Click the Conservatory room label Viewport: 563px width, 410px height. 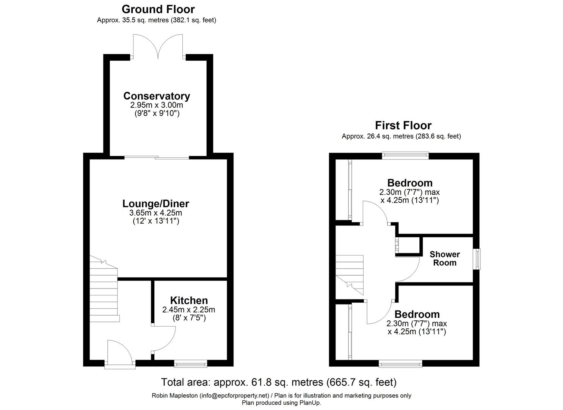pyautogui.click(x=156, y=96)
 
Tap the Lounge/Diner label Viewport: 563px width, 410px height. pyautogui.click(x=155, y=203)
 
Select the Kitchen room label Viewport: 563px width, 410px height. pyautogui.click(x=189, y=300)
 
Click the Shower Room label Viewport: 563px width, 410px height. pyautogui.click(x=445, y=259)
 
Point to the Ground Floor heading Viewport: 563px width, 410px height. pyautogui.click(x=158, y=9)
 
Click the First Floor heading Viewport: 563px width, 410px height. pyautogui.click(x=403, y=125)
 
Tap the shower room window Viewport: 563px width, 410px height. pyautogui.click(x=477, y=259)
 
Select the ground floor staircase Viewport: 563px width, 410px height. pyautogui.click(x=103, y=289)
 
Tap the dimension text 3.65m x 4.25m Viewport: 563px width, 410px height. pyautogui.click(x=155, y=213)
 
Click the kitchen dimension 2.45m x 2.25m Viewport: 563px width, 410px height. pyautogui.click(x=189, y=310)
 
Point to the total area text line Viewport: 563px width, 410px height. pyautogui.click(x=279, y=382)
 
